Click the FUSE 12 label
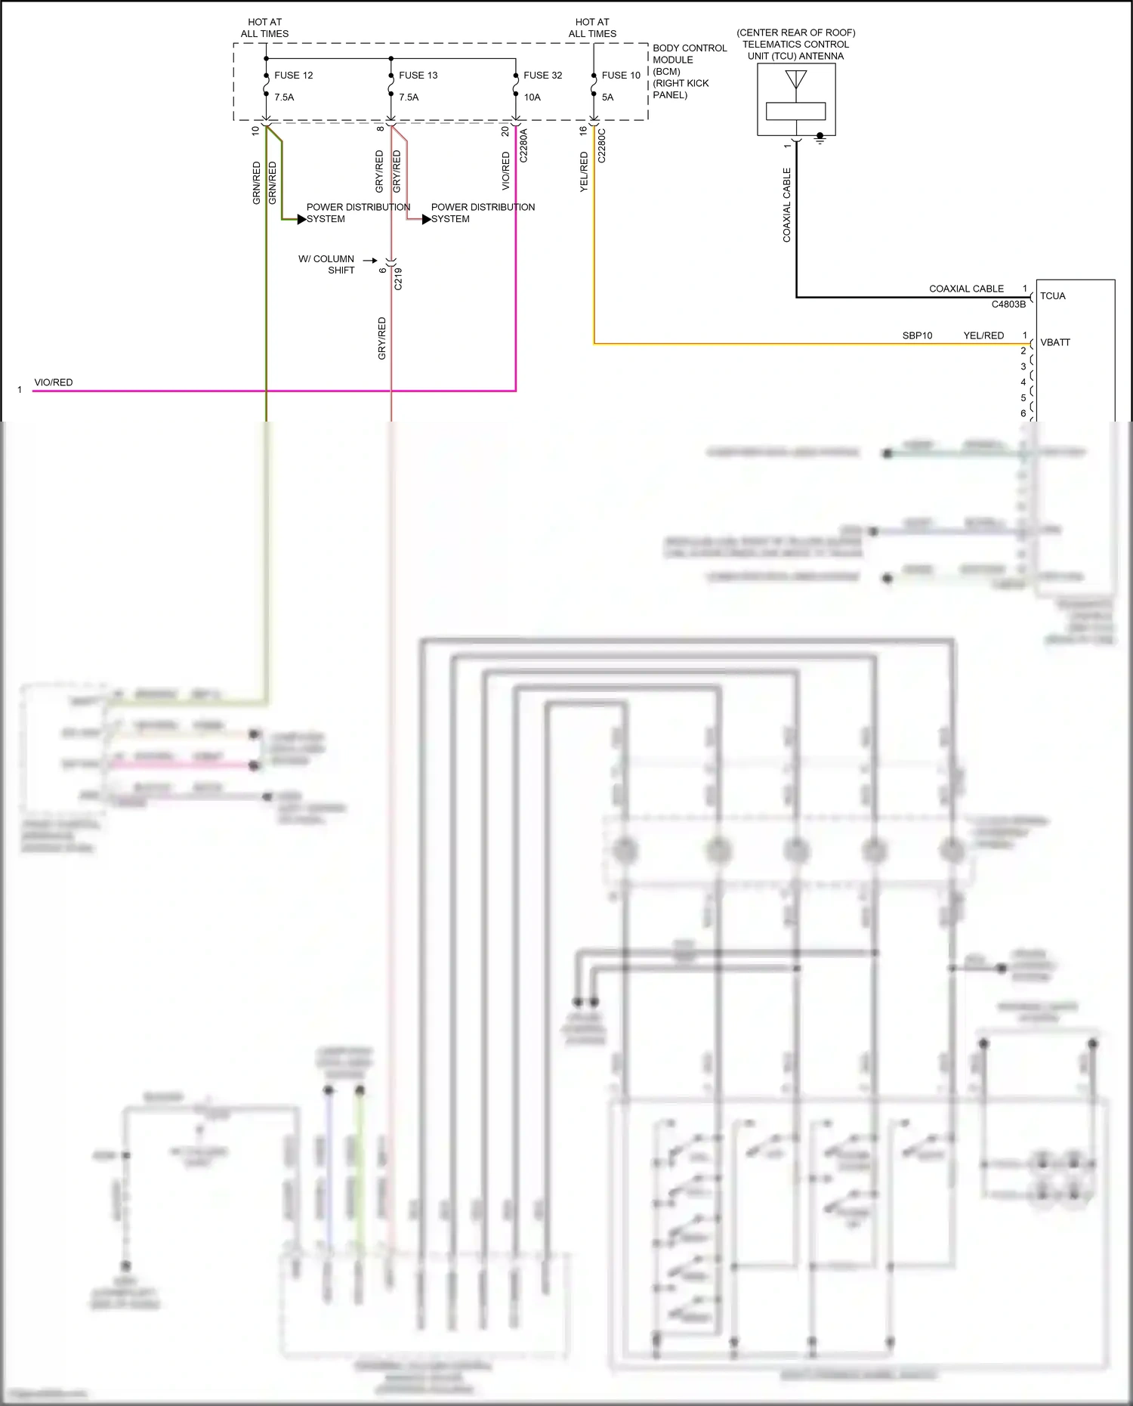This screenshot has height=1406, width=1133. pos(293,76)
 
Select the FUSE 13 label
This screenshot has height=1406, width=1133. pos(418,76)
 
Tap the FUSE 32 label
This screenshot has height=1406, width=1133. pos(542,76)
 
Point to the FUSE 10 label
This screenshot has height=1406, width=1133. pos(621,76)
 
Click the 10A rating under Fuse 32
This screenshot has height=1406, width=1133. pos(532,97)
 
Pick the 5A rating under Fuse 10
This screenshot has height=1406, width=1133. pos(607,97)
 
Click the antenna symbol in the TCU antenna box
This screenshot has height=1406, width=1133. pos(795,79)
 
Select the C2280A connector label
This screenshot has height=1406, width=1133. pos(523,146)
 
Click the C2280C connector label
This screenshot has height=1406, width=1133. pos(602,146)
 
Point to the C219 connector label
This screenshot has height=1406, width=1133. pos(398,279)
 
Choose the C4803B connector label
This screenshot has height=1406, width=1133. pos(1008,304)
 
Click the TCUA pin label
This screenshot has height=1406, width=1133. pos(1052,296)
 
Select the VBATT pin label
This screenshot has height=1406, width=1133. pos(1054,342)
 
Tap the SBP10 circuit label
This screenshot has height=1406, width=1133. pos(917,335)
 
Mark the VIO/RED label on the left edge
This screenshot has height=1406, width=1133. pos(54,382)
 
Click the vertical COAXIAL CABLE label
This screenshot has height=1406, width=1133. pos(786,205)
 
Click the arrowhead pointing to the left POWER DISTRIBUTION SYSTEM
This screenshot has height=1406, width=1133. pos(301,219)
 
